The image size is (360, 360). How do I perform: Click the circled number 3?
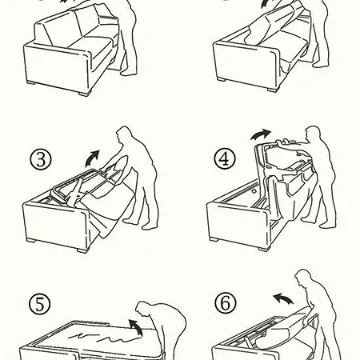[40, 159]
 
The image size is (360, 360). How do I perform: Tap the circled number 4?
[225, 158]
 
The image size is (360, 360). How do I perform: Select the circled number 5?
[39, 304]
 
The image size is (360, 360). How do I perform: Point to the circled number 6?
[226, 303]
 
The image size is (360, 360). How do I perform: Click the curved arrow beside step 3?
[91, 158]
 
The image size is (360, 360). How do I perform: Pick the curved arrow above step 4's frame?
[260, 134]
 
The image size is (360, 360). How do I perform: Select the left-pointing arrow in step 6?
[283, 298]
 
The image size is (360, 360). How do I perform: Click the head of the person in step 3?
[124, 134]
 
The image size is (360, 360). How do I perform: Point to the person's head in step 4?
[313, 134]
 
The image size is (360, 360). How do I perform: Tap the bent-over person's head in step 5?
[144, 309]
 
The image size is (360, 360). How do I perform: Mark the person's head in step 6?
[303, 278]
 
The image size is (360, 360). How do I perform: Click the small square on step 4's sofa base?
[254, 191]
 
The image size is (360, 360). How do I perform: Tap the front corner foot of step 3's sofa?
[82, 250]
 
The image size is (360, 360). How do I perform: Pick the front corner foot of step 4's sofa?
[264, 249]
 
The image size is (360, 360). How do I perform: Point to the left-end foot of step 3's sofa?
[31, 241]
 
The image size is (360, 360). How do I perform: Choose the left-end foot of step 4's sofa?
[214, 239]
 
